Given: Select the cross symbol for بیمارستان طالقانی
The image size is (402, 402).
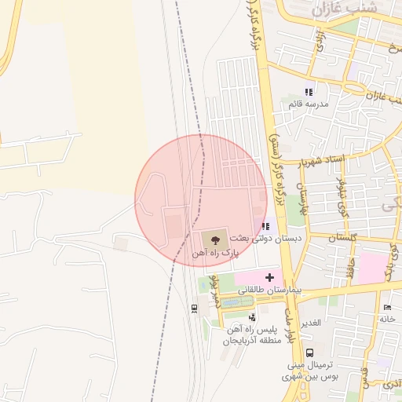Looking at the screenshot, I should coord(269,277).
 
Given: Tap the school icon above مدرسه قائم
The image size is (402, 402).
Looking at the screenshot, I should coord(309,92).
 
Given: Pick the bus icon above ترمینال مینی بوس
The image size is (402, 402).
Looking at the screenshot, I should coord(310,353).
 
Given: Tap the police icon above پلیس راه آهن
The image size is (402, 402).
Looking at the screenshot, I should coord(251,318).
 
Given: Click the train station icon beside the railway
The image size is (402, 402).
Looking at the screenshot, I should coord(194,308).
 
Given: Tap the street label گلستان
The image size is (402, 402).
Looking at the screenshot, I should coord(342,237).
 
